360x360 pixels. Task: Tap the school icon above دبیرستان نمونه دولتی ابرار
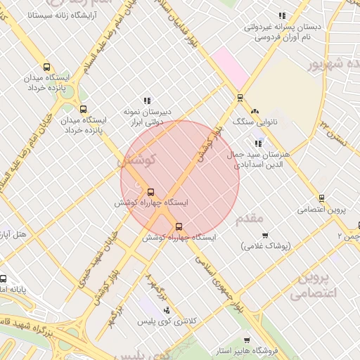click(147, 101)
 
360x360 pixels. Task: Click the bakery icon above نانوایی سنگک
click(255, 111)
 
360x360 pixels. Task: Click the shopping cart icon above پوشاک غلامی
click(265, 235)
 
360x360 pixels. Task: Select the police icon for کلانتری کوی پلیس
click(166, 310)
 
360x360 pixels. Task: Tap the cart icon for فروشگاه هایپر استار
click(246, 340)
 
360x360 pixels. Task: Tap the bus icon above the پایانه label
click(4, 278)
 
